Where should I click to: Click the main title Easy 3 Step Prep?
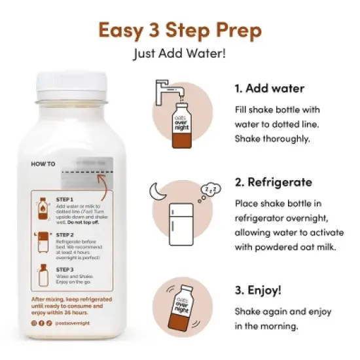(179, 30)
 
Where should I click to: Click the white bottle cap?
(75, 84)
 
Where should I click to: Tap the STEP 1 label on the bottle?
(65, 199)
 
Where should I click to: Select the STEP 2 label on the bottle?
(65, 234)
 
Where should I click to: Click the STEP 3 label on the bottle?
(65, 269)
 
